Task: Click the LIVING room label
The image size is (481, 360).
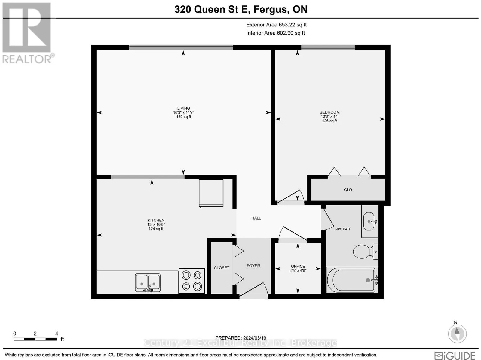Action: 183,108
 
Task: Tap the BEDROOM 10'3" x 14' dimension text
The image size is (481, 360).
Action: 329,117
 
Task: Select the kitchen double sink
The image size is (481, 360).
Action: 148,283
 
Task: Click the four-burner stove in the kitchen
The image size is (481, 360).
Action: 192,280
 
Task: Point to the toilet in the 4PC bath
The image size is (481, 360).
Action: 365,251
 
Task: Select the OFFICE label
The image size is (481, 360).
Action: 298,266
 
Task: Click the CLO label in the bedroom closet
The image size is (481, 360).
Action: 348,190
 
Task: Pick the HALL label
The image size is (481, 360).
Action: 256,218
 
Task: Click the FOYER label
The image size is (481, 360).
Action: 253,266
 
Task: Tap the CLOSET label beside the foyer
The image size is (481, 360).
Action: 222,268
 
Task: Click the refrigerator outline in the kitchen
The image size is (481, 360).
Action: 211,193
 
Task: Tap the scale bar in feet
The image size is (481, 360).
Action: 35,339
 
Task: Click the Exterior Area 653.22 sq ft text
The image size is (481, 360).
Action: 276,25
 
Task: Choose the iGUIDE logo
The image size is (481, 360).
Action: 455,355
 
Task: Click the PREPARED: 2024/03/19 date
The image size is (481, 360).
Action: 241,338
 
